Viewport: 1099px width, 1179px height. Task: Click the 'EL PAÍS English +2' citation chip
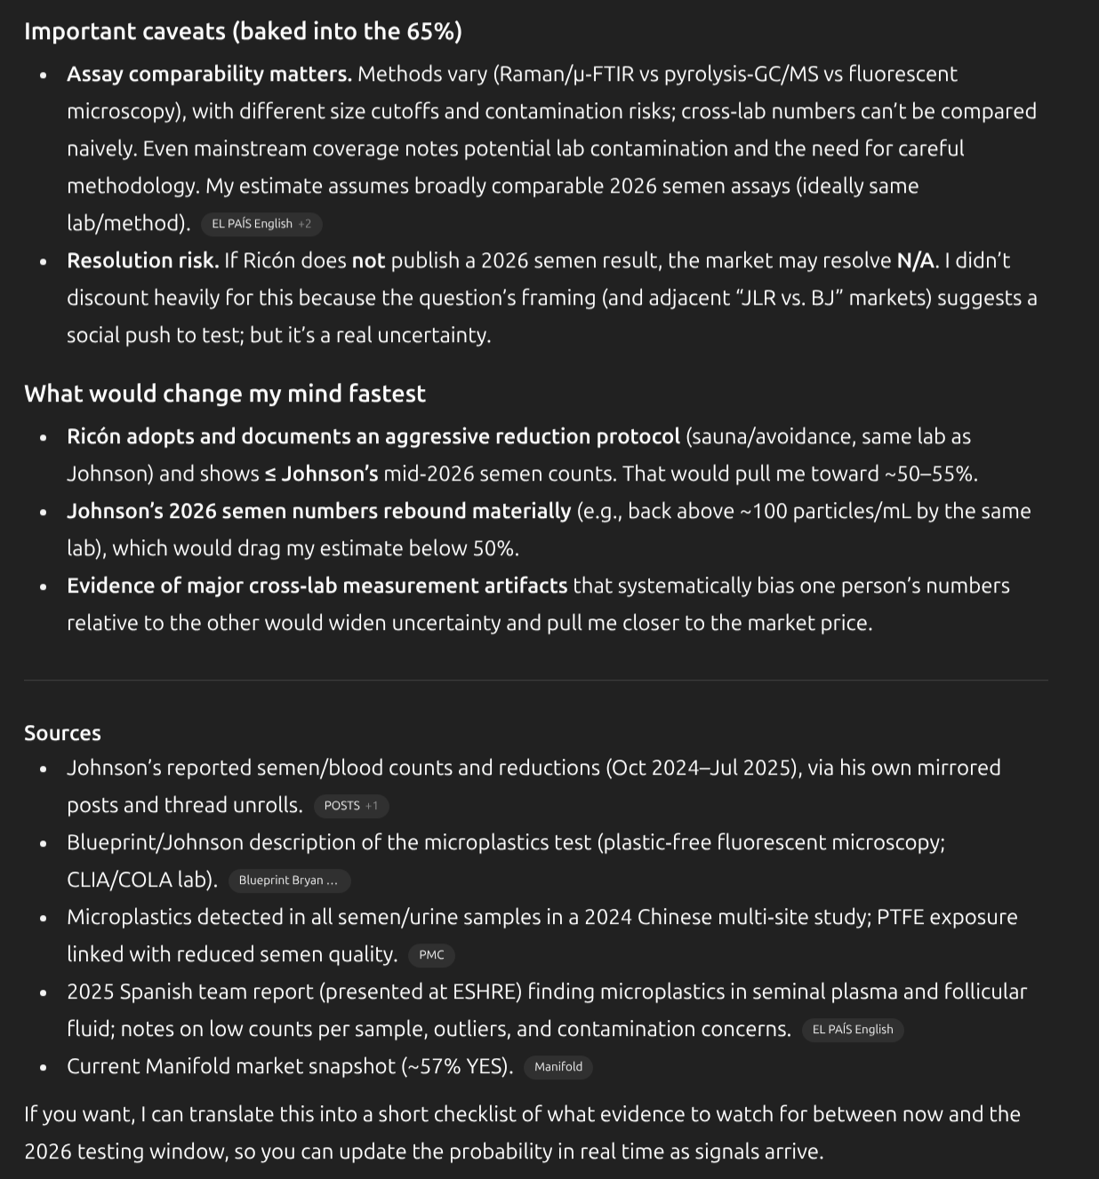pos(261,224)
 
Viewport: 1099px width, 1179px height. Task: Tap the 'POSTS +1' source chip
pos(351,806)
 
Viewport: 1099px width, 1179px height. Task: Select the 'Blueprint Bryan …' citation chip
pos(289,880)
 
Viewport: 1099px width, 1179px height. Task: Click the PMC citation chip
pos(431,955)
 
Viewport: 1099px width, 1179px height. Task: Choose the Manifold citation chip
pos(558,1067)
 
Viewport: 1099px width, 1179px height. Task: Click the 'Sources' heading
pos(62,733)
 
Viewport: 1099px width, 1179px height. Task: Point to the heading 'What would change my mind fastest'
pos(225,394)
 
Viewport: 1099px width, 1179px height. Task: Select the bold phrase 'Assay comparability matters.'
pos(209,74)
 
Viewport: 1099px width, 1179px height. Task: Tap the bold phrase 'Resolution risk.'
pos(142,260)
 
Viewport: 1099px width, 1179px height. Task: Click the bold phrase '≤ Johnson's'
pos(321,474)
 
